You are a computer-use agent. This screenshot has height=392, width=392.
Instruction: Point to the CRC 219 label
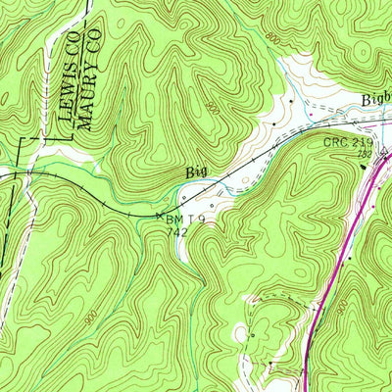point(349,142)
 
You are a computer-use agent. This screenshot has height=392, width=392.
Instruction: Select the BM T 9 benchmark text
point(186,220)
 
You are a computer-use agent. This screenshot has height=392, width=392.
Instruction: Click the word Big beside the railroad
point(196,173)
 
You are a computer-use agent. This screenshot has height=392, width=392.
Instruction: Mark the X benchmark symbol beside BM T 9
point(160,216)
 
